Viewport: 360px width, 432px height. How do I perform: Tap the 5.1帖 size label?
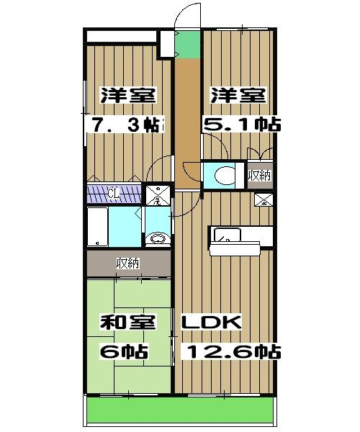point(244,125)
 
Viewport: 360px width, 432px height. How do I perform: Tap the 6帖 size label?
point(124,352)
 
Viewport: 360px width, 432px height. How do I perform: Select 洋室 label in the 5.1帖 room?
point(238,96)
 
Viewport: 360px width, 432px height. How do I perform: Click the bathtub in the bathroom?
point(97,227)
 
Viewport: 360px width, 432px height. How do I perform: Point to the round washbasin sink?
point(157,238)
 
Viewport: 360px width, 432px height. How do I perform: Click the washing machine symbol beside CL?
point(156,194)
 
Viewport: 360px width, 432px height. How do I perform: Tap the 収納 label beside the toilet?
point(260,175)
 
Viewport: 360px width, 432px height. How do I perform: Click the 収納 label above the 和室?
point(128,264)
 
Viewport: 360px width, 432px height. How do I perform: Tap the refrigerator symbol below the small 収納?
point(261,200)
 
